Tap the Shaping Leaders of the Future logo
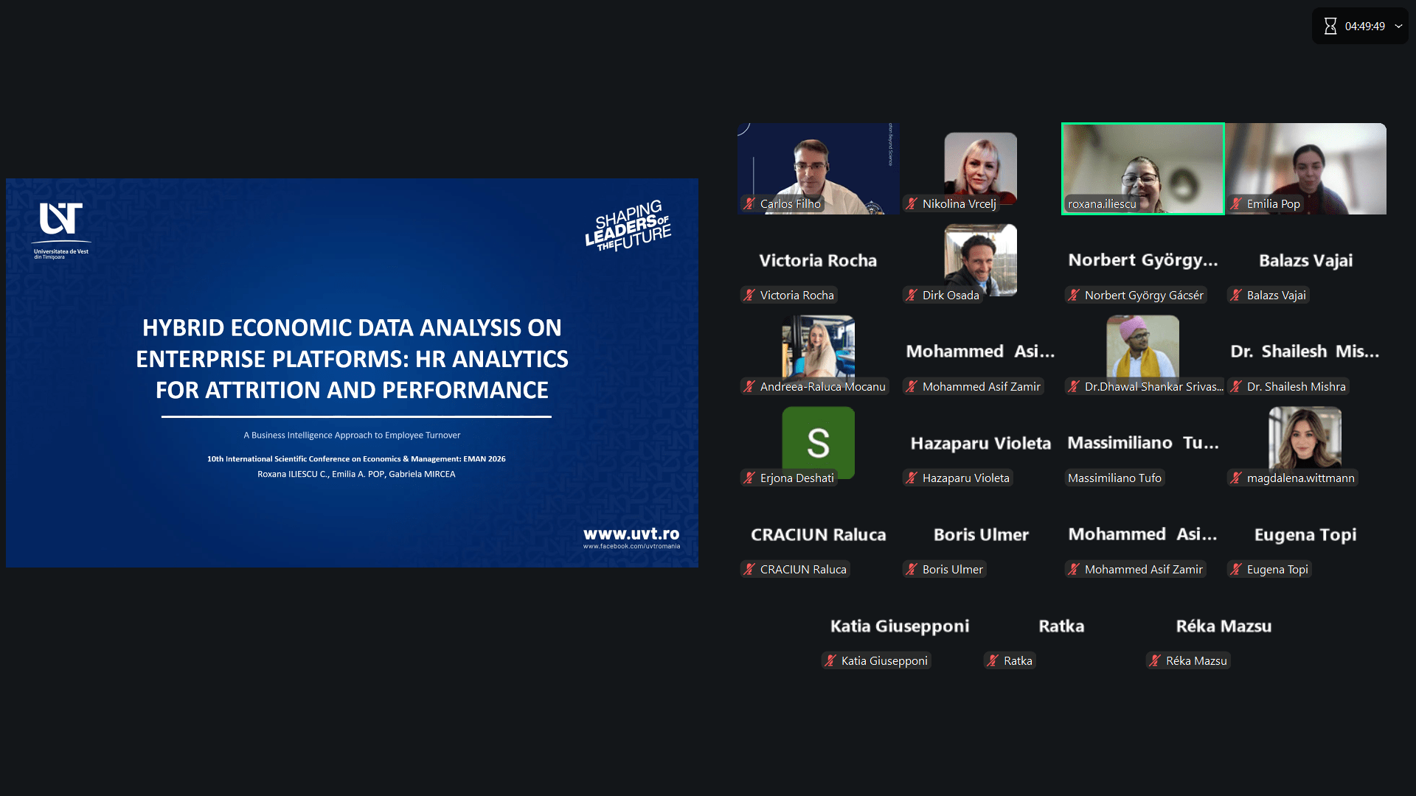628,226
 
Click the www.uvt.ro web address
631,534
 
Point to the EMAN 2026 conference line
356,458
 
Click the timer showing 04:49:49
1364,27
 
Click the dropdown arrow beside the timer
1398,27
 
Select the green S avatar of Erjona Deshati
819,442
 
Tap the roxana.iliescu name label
1102,204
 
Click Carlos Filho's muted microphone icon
749,204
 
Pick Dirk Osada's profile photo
981,260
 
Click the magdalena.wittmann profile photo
1305,438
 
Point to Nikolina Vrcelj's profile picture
981,168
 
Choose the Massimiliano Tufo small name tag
1114,478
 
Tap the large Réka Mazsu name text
1224,626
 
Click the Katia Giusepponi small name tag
876,661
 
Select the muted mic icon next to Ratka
993,661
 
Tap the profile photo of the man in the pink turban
1143,346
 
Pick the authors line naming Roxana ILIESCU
356,474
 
